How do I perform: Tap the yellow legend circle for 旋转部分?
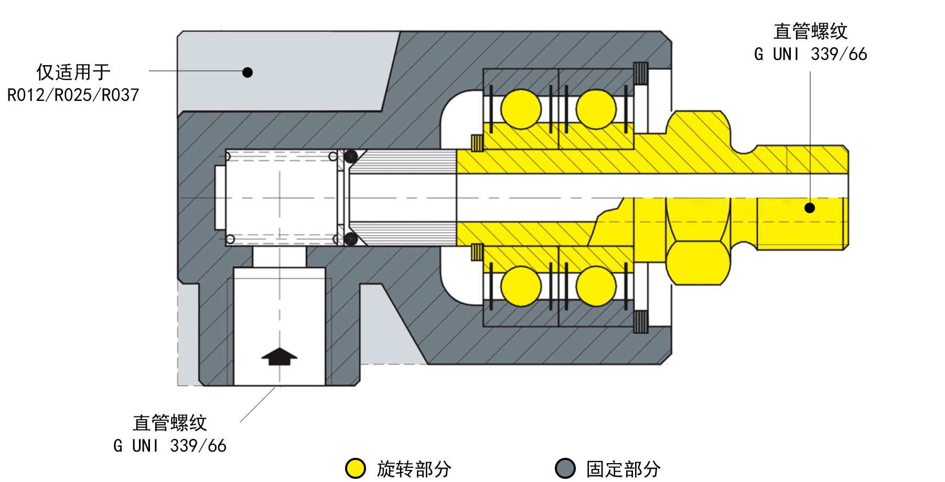pos(356,468)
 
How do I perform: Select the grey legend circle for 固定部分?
pos(565,468)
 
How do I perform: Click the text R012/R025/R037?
pos(73,95)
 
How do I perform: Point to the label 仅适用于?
pos(73,72)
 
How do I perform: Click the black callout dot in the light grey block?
pos(248,72)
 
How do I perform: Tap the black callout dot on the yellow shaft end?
pos(810,208)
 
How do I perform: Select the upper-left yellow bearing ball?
pos(521,109)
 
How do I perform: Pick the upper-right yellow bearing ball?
pos(596,109)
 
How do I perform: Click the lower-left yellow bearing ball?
pos(521,286)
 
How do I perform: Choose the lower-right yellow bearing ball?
pos(596,286)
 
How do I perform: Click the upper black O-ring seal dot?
pos(351,156)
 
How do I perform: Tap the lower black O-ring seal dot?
pos(351,239)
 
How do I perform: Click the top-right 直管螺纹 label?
pos(810,32)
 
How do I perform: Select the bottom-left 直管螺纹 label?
pos(170,423)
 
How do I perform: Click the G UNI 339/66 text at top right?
pos(810,54)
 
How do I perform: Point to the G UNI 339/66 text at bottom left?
pos(170,446)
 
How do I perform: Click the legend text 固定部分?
pos(624,469)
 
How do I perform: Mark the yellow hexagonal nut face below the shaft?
pos(697,263)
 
